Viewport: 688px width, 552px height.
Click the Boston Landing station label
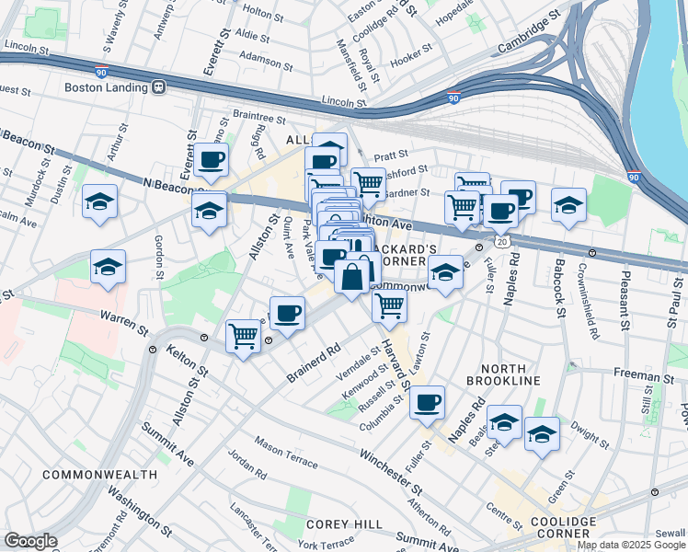pos(107,87)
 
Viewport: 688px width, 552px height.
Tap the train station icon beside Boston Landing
pos(158,87)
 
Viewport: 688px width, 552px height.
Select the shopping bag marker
pos(352,276)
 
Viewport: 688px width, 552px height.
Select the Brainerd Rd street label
pos(314,362)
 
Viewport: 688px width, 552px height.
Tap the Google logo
pos(30,541)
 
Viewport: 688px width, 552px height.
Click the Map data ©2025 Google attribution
pos(630,545)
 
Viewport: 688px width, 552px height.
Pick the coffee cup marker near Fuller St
pos(428,402)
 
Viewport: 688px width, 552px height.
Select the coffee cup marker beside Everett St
pos(212,159)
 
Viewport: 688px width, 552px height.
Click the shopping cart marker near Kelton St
pos(243,336)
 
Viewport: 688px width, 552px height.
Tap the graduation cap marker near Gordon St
pos(109,267)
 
